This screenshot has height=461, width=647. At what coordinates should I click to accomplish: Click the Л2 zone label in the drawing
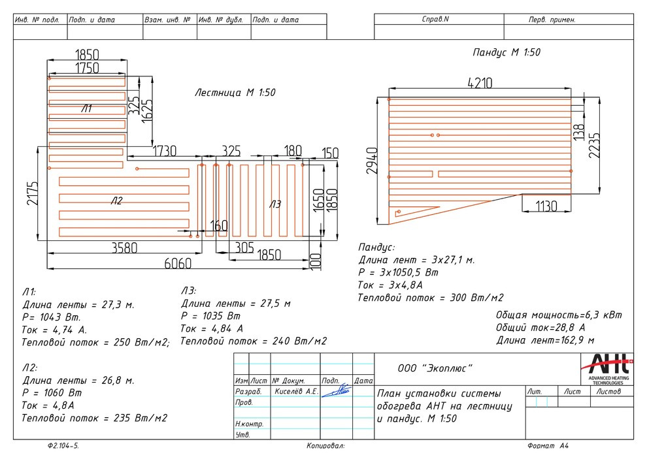(x=116, y=202)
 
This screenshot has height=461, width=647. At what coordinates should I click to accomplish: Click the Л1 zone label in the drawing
(x=87, y=109)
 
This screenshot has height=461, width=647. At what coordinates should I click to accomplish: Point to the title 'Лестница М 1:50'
(x=235, y=93)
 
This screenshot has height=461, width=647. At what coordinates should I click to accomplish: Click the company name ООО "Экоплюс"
(x=435, y=369)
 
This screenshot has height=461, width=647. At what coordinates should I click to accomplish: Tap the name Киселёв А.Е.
(x=295, y=392)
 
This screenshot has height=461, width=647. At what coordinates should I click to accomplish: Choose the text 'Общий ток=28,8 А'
(x=540, y=327)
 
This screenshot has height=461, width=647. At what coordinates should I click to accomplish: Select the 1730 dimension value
(x=164, y=151)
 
